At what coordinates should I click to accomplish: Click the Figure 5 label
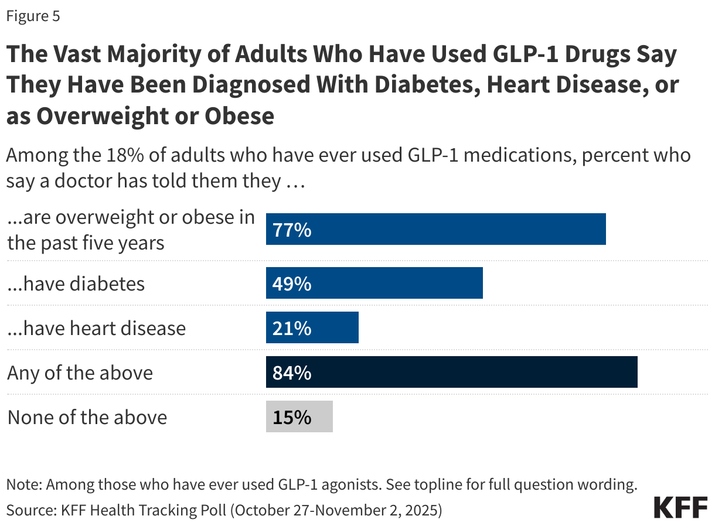(33, 16)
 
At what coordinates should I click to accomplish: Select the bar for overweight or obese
(435, 230)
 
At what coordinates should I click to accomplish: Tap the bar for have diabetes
(374, 284)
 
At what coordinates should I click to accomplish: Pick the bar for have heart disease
(312, 328)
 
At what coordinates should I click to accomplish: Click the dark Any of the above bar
(451, 373)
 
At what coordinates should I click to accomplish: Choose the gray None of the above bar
(299, 417)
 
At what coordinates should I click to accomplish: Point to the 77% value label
(291, 230)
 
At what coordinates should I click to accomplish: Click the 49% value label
(291, 284)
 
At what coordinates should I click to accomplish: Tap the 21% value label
(291, 329)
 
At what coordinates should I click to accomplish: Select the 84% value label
(291, 373)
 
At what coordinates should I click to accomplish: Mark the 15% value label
(291, 418)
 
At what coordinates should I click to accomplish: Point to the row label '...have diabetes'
(76, 284)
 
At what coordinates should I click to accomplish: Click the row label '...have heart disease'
(96, 329)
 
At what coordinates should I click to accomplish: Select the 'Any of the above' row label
(80, 373)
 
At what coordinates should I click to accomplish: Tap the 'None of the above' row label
(87, 418)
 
